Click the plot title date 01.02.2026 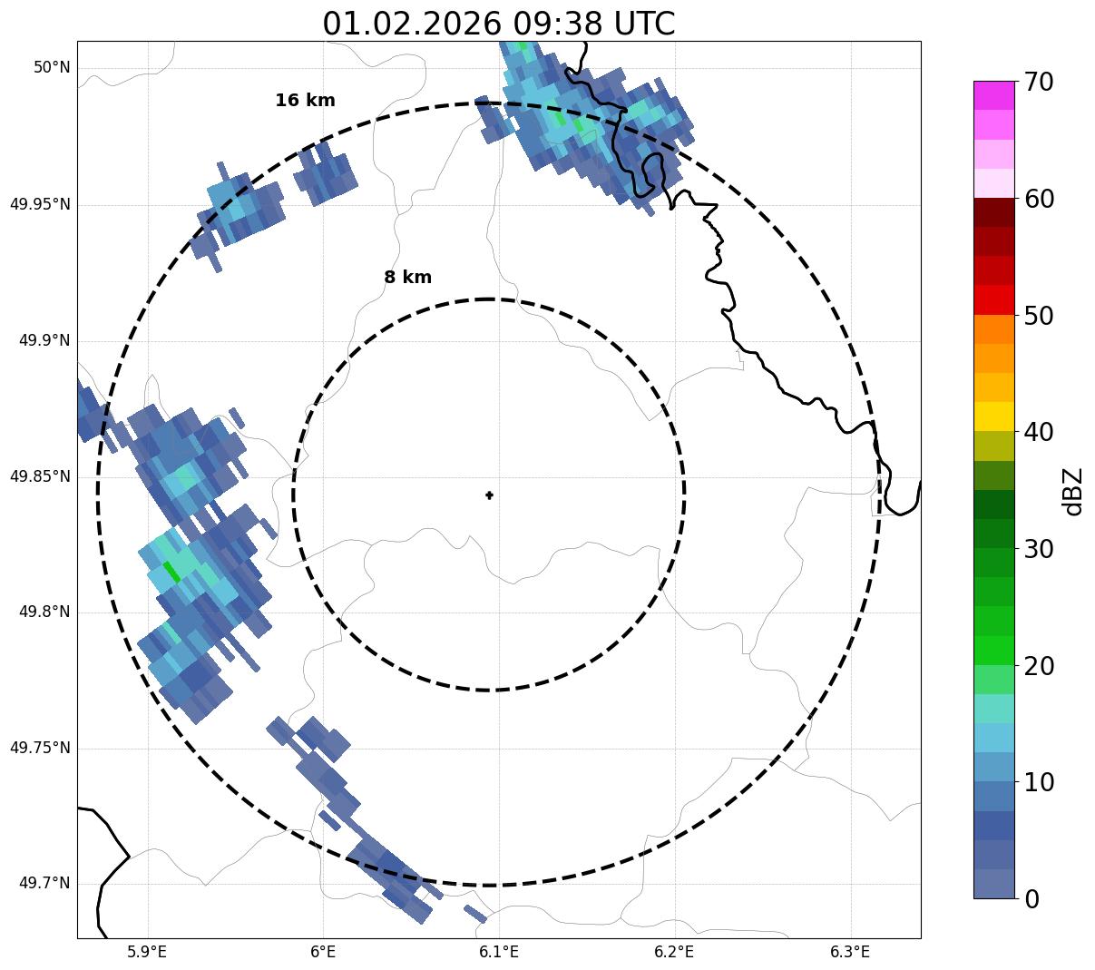(x=411, y=24)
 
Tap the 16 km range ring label (x=305, y=101)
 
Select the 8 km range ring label (x=407, y=278)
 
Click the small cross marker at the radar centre (x=489, y=495)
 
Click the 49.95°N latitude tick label (x=40, y=204)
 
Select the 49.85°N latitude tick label (x=40, y=476)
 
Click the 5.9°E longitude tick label (x=147, y=952)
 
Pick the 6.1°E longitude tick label (x=499, y=952)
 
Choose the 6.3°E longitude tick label (x=850, y=952)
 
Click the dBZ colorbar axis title (x=1073, y=491)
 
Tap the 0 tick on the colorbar (x=1031, y=899)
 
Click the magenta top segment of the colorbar (x=993, y=95)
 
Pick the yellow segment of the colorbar (x=993, y=416)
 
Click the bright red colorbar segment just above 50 (x=993, y=299)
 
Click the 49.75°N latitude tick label (x=40, y=748)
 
